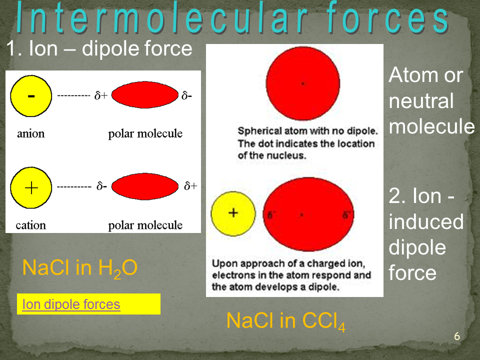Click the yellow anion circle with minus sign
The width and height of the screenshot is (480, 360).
(x=31, y=96)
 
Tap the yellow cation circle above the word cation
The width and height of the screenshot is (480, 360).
(x=31, y=187)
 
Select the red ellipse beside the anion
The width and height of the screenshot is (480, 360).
(x=145, y=95)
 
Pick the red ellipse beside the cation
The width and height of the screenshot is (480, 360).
(x=145, y=186)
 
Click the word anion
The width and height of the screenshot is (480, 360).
(x=31, y=134)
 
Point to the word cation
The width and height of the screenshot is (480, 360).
(x=31, y=225)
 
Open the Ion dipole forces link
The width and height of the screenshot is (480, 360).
(x=71, y=304)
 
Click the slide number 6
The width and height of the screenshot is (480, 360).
(x=457, y=336)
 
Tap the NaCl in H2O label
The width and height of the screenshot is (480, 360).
(x=80, y=268)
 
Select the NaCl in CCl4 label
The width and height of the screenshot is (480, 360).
(x=286, y=321)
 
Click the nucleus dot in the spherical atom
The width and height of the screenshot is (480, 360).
(x=303, y=83)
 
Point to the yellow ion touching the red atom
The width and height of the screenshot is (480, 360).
(x=233, y=213)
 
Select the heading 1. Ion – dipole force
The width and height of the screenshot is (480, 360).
(x=99, y=48)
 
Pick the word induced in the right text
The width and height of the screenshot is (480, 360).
(x=426, y=221)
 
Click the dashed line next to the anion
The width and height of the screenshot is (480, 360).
(x=74, y=96)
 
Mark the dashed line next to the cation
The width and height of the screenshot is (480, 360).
(x=74, y=186)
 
